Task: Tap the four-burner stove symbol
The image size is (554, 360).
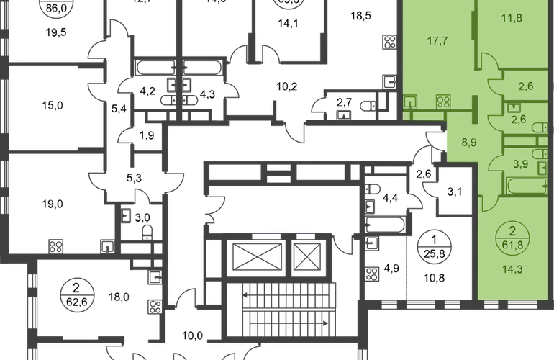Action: coord(442,102)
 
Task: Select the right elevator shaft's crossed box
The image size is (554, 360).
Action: coord(306,253)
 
